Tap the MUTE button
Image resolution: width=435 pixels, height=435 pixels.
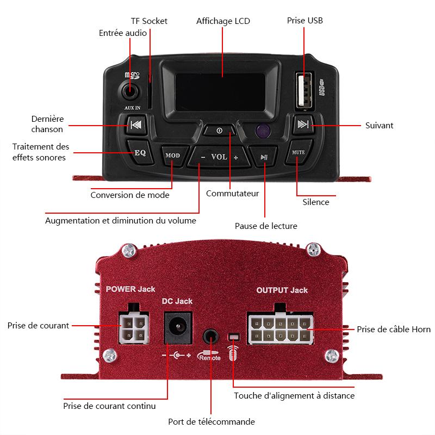pos(298,153)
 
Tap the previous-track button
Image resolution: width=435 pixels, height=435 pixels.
pos(136,126)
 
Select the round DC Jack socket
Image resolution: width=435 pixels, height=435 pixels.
pos(178,328)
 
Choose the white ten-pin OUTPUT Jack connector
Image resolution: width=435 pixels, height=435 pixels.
pos(279,329)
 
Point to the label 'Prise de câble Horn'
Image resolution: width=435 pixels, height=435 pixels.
pos(393,329)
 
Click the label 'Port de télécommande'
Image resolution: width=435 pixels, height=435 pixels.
pos(212,421)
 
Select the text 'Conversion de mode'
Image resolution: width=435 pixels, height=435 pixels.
pos(130,195)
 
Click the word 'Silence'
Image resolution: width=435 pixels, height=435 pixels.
pos(316,202)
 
